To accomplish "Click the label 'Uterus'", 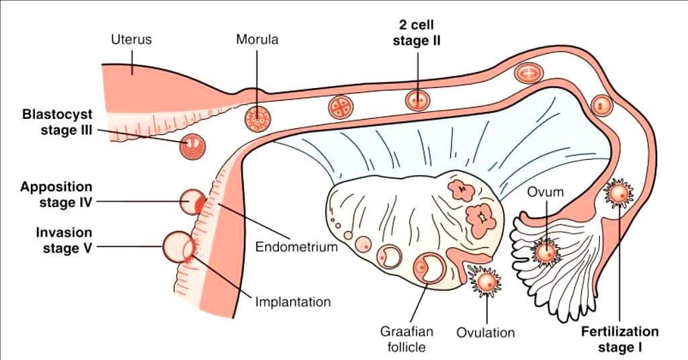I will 131,39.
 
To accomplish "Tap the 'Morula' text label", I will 257,39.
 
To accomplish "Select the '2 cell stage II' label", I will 417,33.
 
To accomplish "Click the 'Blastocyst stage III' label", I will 57,122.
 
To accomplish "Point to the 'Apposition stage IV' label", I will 56,193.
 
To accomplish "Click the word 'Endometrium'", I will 296,246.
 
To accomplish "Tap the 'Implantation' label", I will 293,302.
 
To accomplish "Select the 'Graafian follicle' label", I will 407,339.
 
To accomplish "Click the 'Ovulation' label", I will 485,332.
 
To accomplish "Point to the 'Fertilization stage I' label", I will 620,339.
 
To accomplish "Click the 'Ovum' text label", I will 545,193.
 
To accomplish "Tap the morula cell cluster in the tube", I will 256,119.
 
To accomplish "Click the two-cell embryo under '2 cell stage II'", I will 417,101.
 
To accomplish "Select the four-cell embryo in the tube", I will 341,107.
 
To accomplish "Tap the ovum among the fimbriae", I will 546,253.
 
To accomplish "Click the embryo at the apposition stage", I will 193,201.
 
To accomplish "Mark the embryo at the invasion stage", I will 178,247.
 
